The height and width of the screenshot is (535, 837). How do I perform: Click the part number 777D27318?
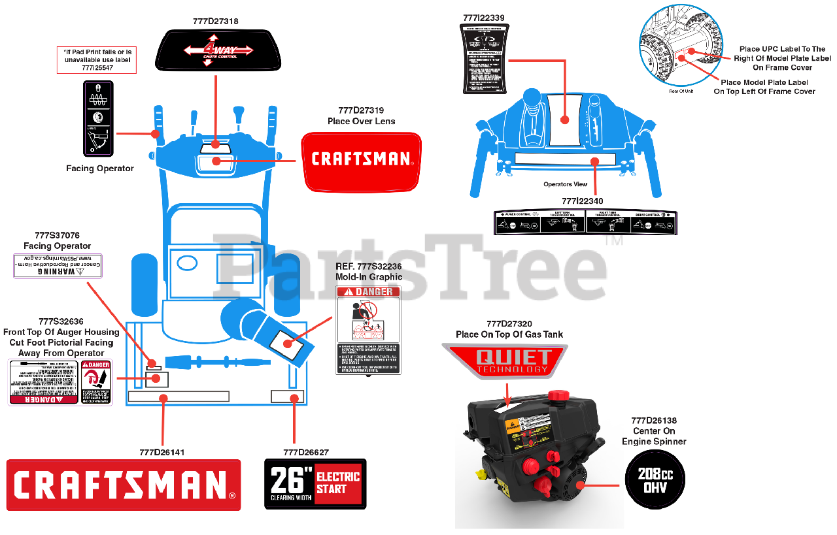pyautogui.click(x=215, y=22)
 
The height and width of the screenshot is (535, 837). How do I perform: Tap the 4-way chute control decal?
pyautogui.click(x=213, y=50)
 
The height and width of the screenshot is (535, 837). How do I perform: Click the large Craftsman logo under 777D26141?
pyautogui.click(x=124, y=485)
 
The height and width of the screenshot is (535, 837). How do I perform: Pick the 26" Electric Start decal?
pyautogui.click(x=315, y=484)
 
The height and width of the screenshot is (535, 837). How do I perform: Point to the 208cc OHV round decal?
pyautogui.click(x=655, y=481)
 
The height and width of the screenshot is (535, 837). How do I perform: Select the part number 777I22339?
pyautogui.click(x=483, y=18)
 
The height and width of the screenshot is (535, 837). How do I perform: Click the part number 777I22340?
pyautogui.click(x=583, y=201)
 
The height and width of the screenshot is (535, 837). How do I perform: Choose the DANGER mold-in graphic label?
pyautogui.click(x=368, y=331)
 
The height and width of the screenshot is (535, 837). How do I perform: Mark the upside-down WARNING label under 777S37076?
pyautogui.click(x=58, y=267)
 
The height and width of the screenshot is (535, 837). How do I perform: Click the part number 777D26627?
pyautogui.click(x=306, y=452)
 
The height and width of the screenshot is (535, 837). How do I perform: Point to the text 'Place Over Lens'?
pyautogui.click(x=361, y=121)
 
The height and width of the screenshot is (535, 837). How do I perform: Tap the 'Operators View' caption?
pyautogui.click(x=565, y=184)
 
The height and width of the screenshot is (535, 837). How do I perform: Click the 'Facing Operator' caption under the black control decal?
pyautogui.click(x=100, y=169)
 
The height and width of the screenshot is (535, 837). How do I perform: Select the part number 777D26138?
pyautogui.click(x=654, y=421)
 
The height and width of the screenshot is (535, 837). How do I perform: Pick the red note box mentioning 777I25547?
pyautogui.click(x=97, y=59)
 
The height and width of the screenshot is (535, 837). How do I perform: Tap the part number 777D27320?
pyautogui.click(x=509, y=324)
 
